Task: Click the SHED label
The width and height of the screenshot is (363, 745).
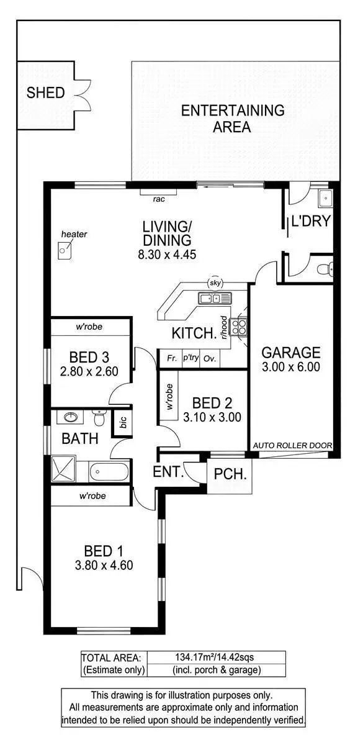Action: click(45, 93)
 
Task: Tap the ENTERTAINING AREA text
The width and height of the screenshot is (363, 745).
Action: click(232, 119)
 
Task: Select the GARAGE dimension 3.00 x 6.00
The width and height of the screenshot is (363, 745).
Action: click(290, 366)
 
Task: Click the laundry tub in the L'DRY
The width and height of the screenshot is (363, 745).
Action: click(326, 199)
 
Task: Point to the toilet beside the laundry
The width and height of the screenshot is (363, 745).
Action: click(326, 269)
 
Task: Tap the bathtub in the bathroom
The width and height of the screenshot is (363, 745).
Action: click(109, 472)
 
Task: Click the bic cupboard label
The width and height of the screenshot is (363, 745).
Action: click(123, 423)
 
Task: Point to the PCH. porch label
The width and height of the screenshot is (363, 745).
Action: click(230, 475)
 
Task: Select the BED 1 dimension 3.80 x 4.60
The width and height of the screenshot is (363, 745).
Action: click(109, 565)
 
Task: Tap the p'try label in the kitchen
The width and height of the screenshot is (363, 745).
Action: click(189, 358)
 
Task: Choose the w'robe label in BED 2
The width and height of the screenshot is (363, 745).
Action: click(169, 397)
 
